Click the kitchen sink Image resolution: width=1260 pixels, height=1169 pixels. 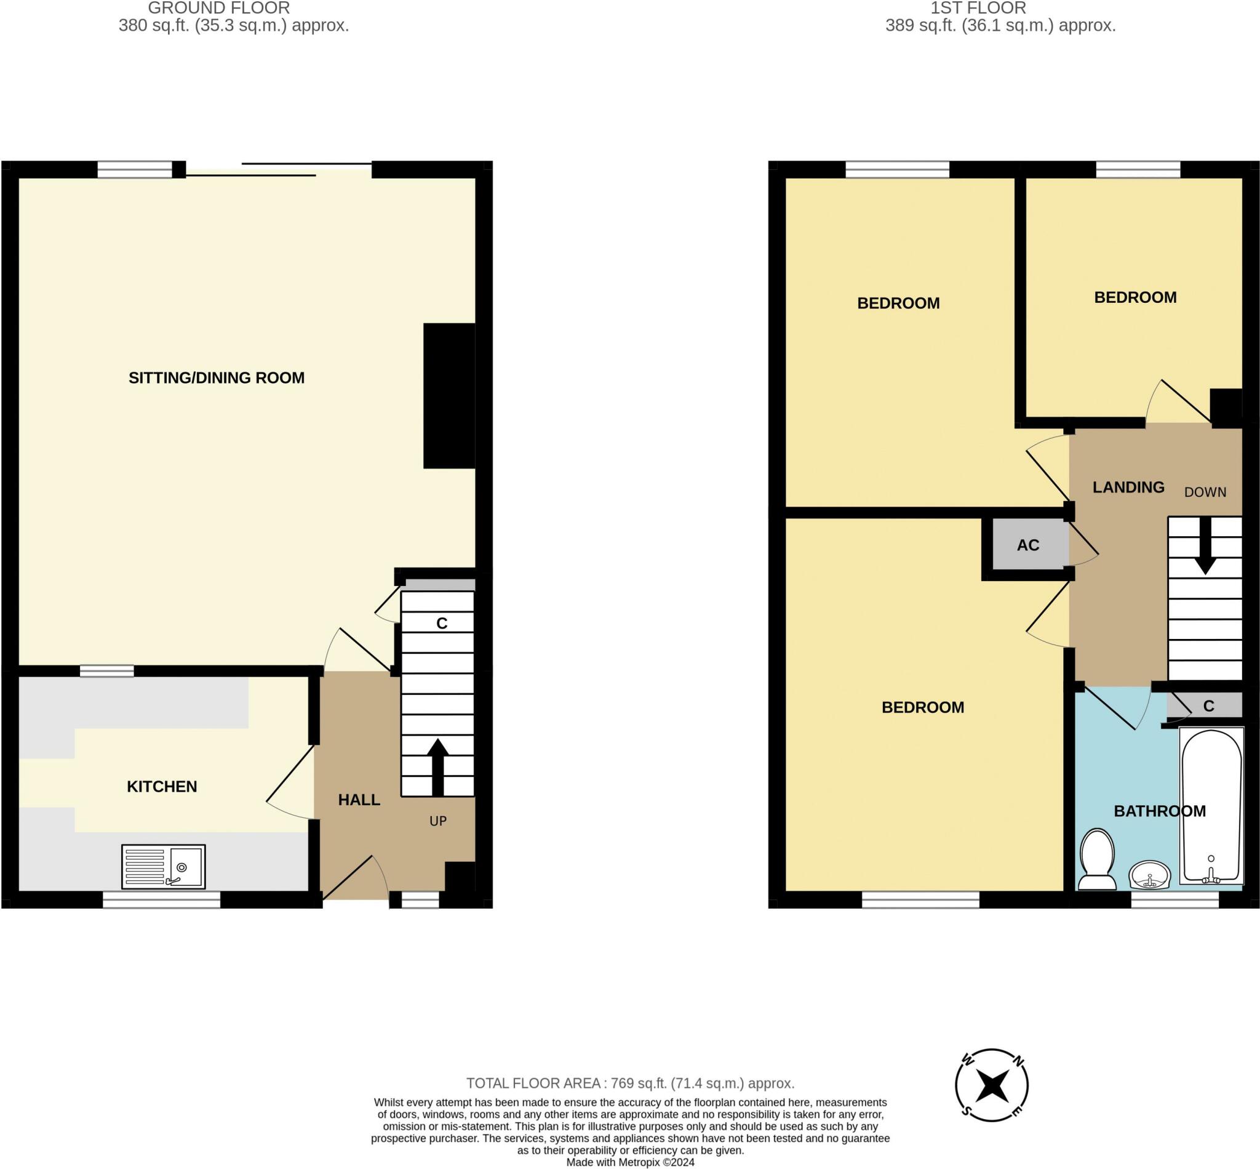(x=163, y=866)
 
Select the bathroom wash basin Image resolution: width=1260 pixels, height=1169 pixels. (x=1150, y=875)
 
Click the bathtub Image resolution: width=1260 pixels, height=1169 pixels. (x=1211, y=806)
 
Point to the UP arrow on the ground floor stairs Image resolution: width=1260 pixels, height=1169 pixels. (x=437, y=767)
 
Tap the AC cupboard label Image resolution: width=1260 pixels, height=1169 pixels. (x=1028, y=545)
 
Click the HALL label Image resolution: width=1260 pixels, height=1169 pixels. (x=359, y=800)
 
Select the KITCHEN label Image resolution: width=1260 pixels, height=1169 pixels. (x=162, y=786)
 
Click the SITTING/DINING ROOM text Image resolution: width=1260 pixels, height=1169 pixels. (x=216, y=377)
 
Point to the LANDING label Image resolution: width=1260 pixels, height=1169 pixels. (x=1128, y=487)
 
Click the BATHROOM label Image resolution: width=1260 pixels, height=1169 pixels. (x=1160, y=811)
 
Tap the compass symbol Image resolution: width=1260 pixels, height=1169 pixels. (x=991, y=1085)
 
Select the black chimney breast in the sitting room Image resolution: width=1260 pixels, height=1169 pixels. (x=449, y=396)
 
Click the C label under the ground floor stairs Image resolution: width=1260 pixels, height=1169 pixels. (x=442, y=624)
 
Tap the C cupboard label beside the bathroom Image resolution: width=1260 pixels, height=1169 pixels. (x=1209, y=706)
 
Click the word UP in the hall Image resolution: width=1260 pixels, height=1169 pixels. (x=438, y=821)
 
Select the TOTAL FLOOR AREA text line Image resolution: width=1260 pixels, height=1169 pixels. (x=631, y=1083)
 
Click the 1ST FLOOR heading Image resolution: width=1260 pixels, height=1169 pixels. (x=978, y=8)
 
